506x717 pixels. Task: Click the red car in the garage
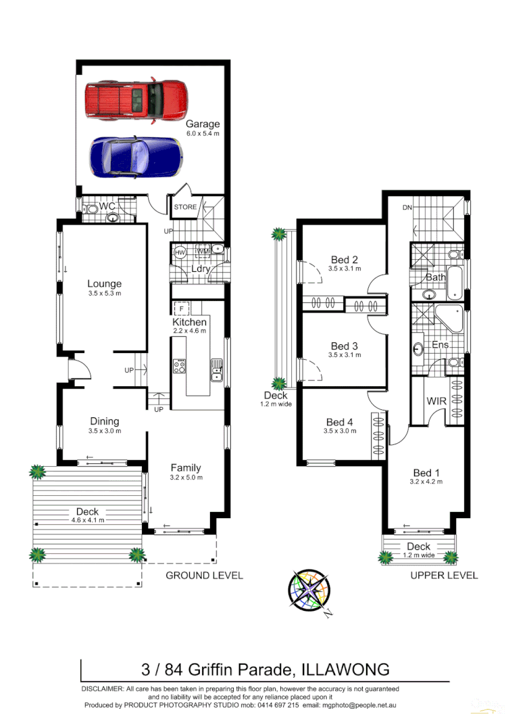tap(136, 99)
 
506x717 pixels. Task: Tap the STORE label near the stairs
tap(185, 207)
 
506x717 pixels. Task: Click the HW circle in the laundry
tap(180, 252)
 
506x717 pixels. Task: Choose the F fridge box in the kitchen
tap(181, 308)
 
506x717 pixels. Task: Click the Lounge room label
tap(104, 283)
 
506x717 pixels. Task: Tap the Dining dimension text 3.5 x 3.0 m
tap(104, 432)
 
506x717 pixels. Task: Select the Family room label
tap(186, 467)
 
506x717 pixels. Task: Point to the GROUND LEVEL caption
tap(204, 576)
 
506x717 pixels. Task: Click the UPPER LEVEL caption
tap(444, 576)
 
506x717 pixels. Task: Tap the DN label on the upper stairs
tap(407, 208)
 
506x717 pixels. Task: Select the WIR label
tap(436, 401)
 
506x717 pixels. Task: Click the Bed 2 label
tap(344, 259)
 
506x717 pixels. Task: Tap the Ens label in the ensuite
tap(440, 345)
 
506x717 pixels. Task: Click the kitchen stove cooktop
tap(180, 367)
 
